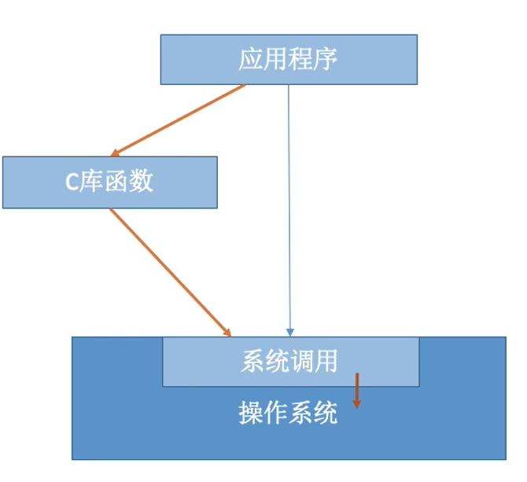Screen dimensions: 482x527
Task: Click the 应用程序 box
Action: pos(289,59)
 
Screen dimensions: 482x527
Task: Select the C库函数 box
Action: pos(109,182)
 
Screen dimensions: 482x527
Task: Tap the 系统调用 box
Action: pos(290,361)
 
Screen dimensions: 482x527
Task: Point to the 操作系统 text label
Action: pos(288,413)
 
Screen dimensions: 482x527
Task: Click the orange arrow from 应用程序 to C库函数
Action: pos(179,120)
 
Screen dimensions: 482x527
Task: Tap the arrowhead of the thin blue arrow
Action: pos(289,332)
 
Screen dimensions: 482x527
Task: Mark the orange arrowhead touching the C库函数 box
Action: pos(116,152)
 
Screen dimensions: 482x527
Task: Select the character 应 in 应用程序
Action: pos(251,60)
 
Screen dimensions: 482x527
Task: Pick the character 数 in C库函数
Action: pos(142,182)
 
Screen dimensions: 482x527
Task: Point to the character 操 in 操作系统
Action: pos(250,413)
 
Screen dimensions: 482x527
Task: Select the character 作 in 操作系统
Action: pos(275,413)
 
